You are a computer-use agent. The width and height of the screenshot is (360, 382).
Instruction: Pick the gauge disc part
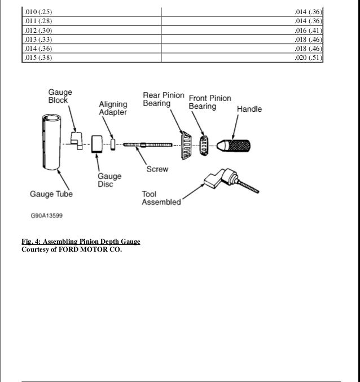[x=95, y=143]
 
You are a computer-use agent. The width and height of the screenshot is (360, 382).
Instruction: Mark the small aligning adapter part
[x=112, y=144]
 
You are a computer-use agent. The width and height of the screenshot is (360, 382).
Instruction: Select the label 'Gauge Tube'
[x=51, y=195]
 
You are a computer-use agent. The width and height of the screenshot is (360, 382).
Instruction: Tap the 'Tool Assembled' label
[x=161, y=198]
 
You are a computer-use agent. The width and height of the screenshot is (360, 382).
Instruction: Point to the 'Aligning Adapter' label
[x=113, y=108]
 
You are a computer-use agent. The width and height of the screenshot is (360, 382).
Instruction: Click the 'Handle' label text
[x=249, y=109]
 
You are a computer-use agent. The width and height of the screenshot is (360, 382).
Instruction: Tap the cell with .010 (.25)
[x=35, y=11]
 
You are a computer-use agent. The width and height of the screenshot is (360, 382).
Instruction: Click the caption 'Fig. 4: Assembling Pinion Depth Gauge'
[x=81, y=242]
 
